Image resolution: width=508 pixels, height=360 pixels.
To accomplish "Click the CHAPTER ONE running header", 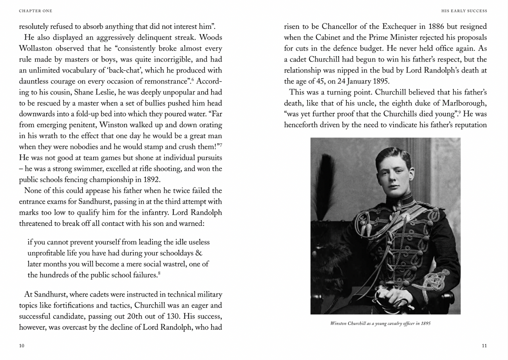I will tap(36, 11).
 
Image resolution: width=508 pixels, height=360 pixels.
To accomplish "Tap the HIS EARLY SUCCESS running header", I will tap(464, 11).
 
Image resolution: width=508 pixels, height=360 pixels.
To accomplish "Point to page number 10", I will tap(22, 346).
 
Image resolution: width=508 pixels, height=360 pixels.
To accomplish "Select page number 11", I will tap(484, 346).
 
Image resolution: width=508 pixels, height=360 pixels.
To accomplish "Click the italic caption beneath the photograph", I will tap(380, 323).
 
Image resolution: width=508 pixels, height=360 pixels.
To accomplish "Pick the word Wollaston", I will tap(36, 49).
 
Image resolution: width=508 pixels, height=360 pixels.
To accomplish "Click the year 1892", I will tap(152, 180).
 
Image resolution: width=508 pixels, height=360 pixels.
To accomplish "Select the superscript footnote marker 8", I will tap(159, 273).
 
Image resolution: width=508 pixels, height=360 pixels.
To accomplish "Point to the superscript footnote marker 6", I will tap(192, 79).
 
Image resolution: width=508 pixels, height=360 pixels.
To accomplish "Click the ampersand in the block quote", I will tap(199, 253).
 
